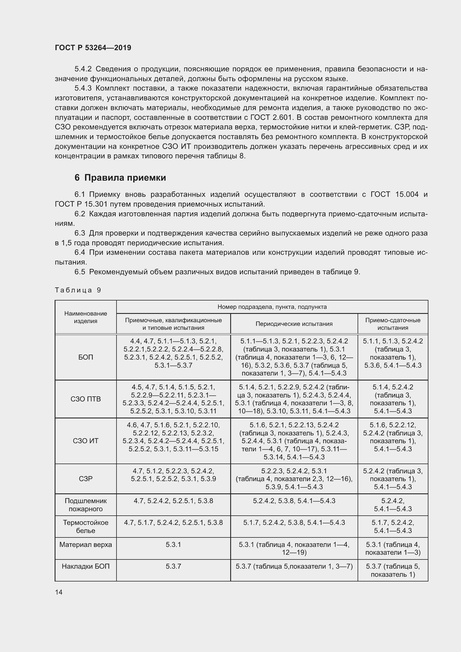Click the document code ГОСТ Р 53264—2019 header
[93, 48]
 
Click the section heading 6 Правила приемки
[120, 178]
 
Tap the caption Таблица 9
[78, 290]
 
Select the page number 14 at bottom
[59, 592]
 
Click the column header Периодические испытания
[294, 324]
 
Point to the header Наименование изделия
[86, 317]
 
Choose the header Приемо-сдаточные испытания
[393, 324]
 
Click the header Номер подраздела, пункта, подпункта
[272, 307]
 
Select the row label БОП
[86, 357]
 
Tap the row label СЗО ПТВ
[86, 399]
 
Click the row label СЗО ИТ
[86, 441]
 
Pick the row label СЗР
[86, 479]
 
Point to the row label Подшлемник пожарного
[86, 505]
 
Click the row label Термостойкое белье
[86, 527]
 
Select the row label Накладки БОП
[86, 566]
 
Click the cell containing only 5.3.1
[173, 544]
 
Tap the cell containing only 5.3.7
[173, 566]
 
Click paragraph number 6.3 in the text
[80, 233]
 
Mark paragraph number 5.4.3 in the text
[83, 88]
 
